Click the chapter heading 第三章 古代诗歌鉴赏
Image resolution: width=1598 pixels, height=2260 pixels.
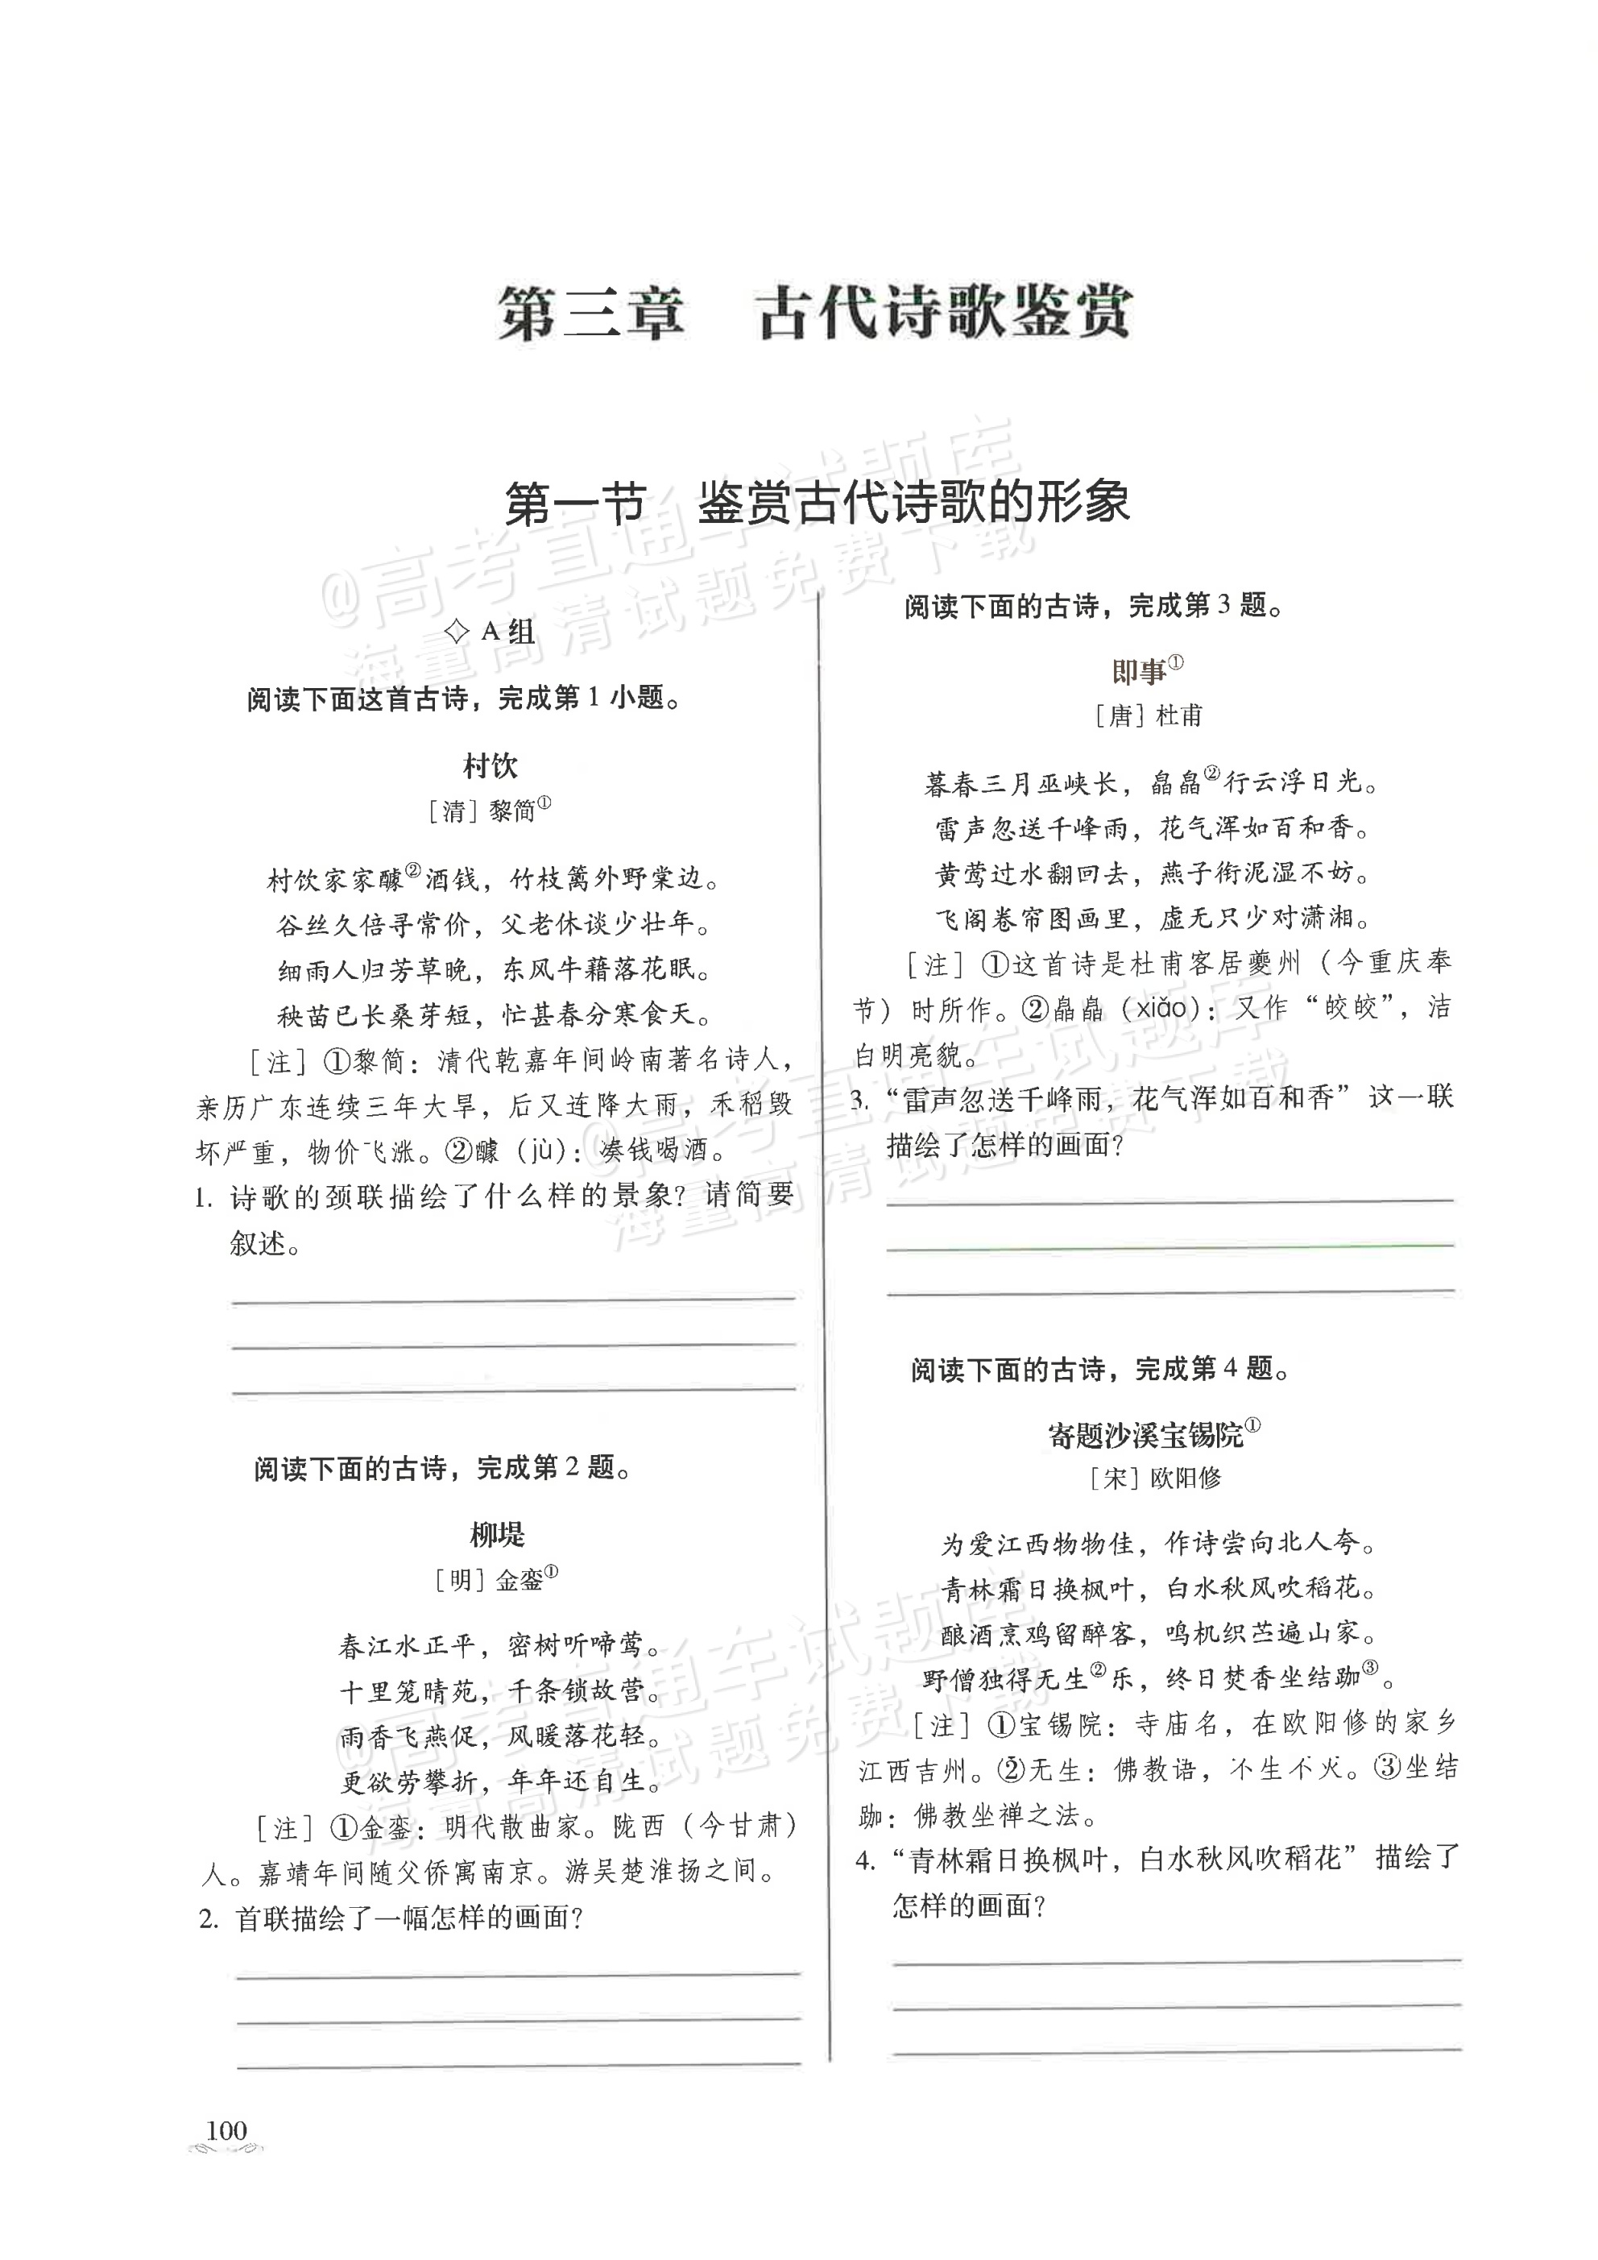(813, 313)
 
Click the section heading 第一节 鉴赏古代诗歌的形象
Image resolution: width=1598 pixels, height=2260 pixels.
(816, 503)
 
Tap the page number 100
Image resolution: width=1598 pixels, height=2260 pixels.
(226, 2130)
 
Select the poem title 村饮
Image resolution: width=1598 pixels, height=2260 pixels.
(490, 765)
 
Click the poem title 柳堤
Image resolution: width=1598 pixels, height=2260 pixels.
(497, 1533)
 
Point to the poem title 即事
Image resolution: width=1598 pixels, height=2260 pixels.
(1141, 671)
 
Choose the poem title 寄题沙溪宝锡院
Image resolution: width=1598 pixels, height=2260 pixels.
(1146, 1435)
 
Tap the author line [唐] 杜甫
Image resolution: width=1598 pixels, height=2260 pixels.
(1149, 715)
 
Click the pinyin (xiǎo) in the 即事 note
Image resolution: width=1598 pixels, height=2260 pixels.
(1132, 1008)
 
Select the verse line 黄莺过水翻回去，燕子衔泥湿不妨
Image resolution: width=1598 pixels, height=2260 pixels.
(1153, 872)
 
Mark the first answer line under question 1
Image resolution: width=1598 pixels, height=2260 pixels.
(514, 1300)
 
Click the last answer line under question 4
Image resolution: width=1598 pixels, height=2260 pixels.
(1176, 2050)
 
